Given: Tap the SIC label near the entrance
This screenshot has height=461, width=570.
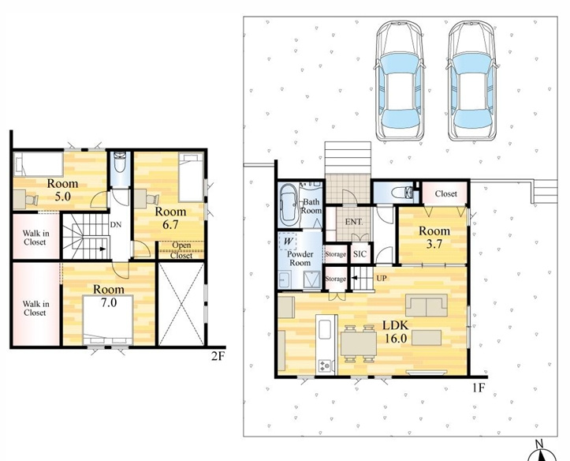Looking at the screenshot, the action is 360,254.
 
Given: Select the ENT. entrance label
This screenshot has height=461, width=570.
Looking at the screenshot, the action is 354,222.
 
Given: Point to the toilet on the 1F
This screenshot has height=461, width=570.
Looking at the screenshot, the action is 404,192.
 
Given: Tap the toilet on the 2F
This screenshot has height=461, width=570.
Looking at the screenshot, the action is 120,163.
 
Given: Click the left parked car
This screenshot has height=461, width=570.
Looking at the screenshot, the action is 400,81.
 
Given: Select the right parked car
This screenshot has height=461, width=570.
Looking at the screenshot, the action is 472,81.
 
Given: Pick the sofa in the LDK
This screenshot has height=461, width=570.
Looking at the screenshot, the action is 427,305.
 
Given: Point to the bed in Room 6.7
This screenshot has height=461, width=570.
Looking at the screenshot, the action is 191,177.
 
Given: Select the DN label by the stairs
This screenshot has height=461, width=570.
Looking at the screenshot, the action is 116,224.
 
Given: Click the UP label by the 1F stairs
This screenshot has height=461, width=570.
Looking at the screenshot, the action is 382,279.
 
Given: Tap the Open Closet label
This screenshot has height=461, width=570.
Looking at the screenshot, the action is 181,250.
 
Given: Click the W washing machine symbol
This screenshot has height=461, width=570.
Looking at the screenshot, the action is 289,242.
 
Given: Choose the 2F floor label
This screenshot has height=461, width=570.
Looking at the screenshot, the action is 218,357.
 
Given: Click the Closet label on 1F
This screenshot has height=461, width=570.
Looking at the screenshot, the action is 445,193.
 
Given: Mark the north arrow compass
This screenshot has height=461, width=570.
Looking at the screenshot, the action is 542,452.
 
